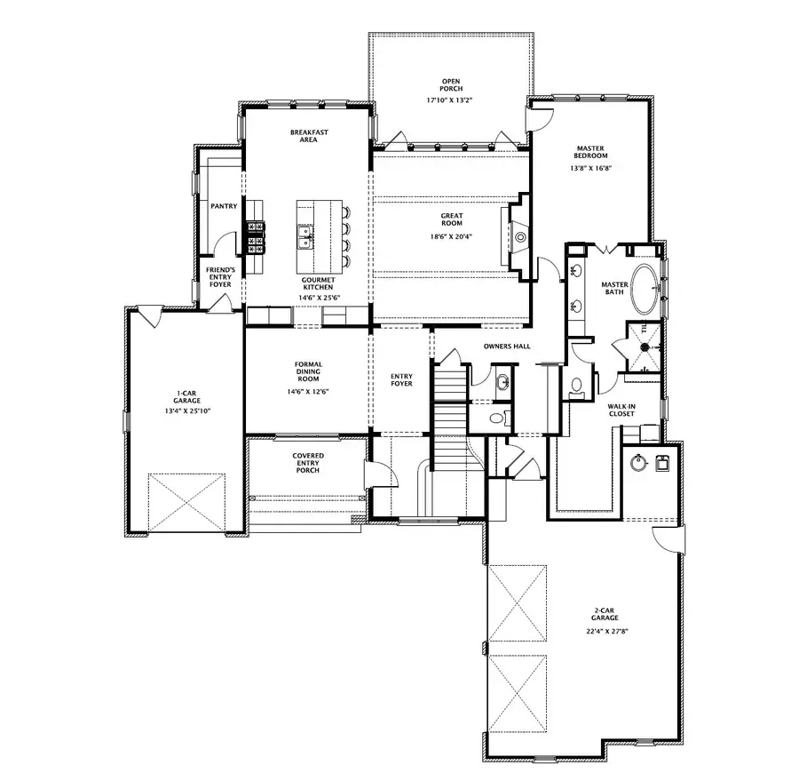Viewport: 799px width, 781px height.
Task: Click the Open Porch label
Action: pos(451,86)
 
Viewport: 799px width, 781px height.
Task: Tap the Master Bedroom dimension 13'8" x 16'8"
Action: pos(590,167)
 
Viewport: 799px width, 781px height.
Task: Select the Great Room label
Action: pos(452,219)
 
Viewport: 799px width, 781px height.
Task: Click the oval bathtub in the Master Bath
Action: pos(645,288)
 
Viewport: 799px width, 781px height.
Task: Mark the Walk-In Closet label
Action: pos(621,410)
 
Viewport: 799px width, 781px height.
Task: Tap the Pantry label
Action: pos(223,206)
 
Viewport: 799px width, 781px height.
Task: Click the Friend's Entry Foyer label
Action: pos(219,276)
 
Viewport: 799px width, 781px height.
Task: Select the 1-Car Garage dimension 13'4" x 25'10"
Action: pos(186,410)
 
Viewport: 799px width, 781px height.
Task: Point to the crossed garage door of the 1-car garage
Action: pos(186,503)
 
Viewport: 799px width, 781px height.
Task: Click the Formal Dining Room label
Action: pos(308,371)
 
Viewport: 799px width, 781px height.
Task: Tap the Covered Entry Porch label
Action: pos(308,462)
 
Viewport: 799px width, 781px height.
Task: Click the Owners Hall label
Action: pos(507,346)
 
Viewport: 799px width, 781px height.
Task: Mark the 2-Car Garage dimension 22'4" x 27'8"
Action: pos(606,632)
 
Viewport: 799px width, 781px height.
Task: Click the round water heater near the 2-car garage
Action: pos(637,463)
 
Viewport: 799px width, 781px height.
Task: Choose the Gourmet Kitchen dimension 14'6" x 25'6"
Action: pos(317,299)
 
